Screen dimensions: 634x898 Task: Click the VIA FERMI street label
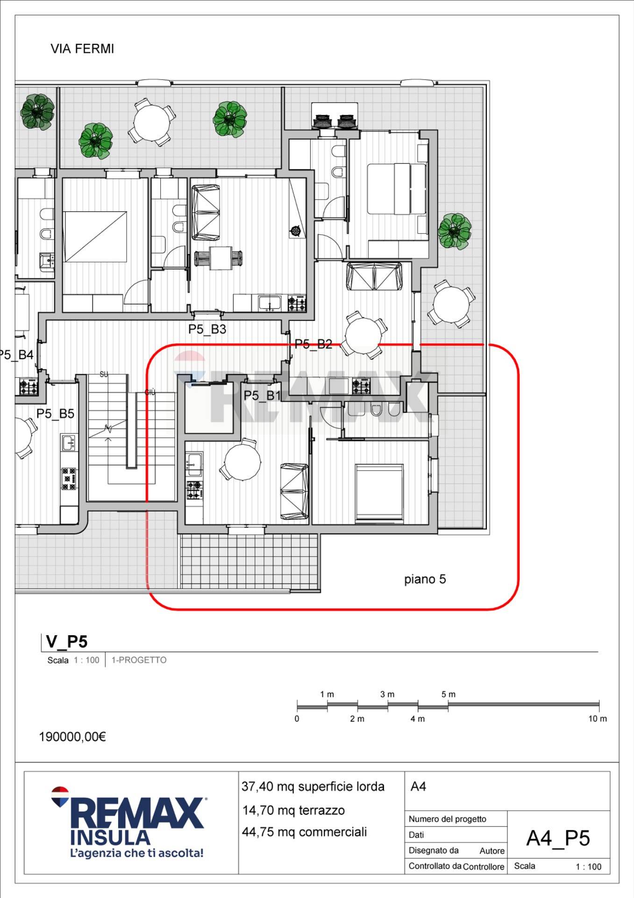82,49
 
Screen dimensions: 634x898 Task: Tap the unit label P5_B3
207,329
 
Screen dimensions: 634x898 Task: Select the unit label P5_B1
262,396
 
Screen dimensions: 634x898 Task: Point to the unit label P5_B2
313,344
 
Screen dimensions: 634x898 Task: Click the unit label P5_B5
55,414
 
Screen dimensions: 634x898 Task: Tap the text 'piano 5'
425,579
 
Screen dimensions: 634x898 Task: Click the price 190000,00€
72,737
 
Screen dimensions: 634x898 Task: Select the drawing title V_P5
67,642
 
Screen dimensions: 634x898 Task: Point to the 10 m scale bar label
598,719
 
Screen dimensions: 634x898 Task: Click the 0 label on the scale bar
297,719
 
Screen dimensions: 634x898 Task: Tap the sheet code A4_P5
558,839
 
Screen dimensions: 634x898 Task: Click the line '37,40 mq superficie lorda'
313,787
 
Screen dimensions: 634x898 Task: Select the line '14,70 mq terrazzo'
293,811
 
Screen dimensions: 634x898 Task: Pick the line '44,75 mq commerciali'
304,832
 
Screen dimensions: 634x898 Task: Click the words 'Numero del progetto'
448,819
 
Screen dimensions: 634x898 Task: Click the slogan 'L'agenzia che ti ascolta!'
136,853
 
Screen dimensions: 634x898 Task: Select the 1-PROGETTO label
139,660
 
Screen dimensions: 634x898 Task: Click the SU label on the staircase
104,375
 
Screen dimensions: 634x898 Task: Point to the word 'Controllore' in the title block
484,867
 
